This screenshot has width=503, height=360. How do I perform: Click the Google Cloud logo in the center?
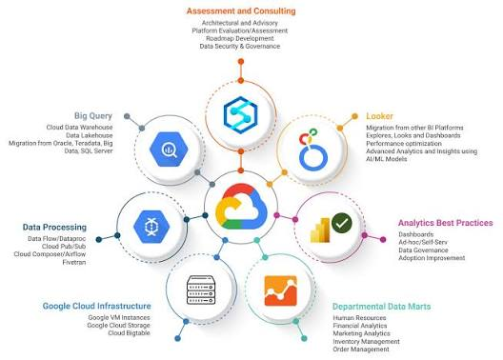[x=241, y=206]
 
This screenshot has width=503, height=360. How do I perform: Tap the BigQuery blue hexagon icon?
[x=169, y=150]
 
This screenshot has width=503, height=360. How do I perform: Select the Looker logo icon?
[x=312, y=150]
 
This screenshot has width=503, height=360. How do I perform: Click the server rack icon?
[x=201, y=290]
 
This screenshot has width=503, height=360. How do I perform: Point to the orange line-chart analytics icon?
[x=281, y=290]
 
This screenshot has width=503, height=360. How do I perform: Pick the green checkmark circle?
[x=342, y=223]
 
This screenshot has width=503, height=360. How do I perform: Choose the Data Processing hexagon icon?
[x=151, y=227]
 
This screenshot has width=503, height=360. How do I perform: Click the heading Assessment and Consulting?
[x=241, y=10]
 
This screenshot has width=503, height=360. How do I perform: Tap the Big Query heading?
[x=93, y=116]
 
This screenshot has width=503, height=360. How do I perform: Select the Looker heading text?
[x=379, y=116]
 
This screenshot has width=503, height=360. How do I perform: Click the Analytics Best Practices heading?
[x=446, y=223]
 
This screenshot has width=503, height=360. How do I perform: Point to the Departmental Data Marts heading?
[x=381, y=307]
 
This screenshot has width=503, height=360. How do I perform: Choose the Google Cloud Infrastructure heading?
[x=96, y=306]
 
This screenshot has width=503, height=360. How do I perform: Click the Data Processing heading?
[x=54, y=227]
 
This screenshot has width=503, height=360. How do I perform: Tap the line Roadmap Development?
[x=240, y=38]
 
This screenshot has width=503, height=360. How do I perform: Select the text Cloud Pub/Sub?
[x=64, y=247]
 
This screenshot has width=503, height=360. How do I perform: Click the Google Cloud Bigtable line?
[x=129, y=333]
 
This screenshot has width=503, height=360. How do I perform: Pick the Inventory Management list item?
[x=366, y=341]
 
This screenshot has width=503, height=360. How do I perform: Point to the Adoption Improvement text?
[x=432, y=258]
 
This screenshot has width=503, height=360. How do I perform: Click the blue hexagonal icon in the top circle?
[x=241, y=115]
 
